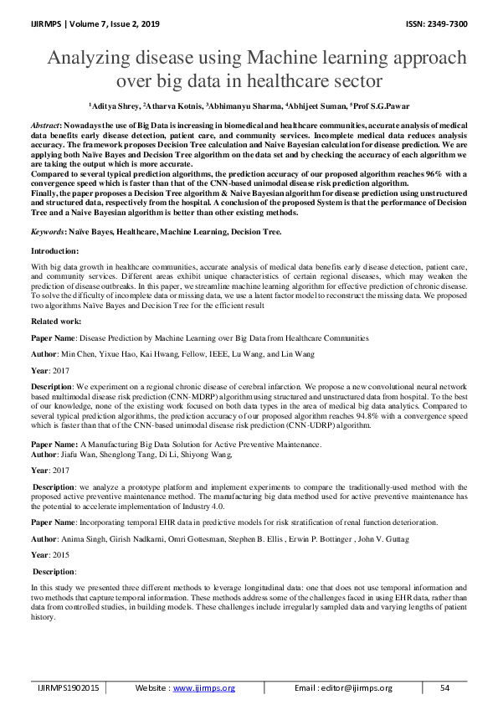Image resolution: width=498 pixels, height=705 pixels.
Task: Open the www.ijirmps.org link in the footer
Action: click(203, 687)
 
